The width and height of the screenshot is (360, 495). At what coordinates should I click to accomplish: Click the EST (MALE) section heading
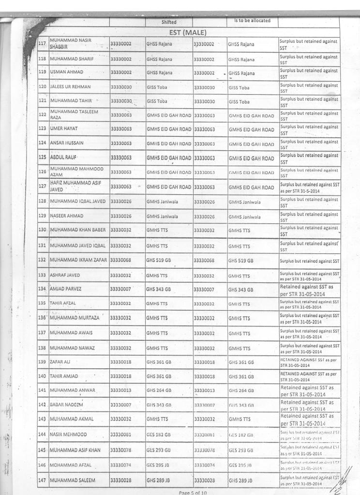[188, 32]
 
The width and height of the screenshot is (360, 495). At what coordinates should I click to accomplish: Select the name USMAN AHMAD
[67, 72]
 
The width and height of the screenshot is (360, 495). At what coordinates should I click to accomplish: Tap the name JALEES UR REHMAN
[71, 87]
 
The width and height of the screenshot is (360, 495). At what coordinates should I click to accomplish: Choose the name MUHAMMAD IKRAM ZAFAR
[79, 261]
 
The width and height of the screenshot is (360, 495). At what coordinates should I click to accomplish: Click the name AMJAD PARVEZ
[66, 289]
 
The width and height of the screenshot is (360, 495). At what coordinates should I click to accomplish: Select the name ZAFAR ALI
[61, 362]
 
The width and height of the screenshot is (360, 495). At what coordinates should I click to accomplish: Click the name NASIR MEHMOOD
[69, 435]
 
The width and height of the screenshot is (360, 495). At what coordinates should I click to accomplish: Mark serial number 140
[42, 376]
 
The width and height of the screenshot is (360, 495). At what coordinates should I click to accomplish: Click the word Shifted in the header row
[169, 22]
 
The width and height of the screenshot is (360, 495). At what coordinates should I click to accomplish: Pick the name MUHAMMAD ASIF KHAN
[75, 450]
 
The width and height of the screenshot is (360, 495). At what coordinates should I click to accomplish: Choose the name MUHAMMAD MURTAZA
[75, 318]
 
